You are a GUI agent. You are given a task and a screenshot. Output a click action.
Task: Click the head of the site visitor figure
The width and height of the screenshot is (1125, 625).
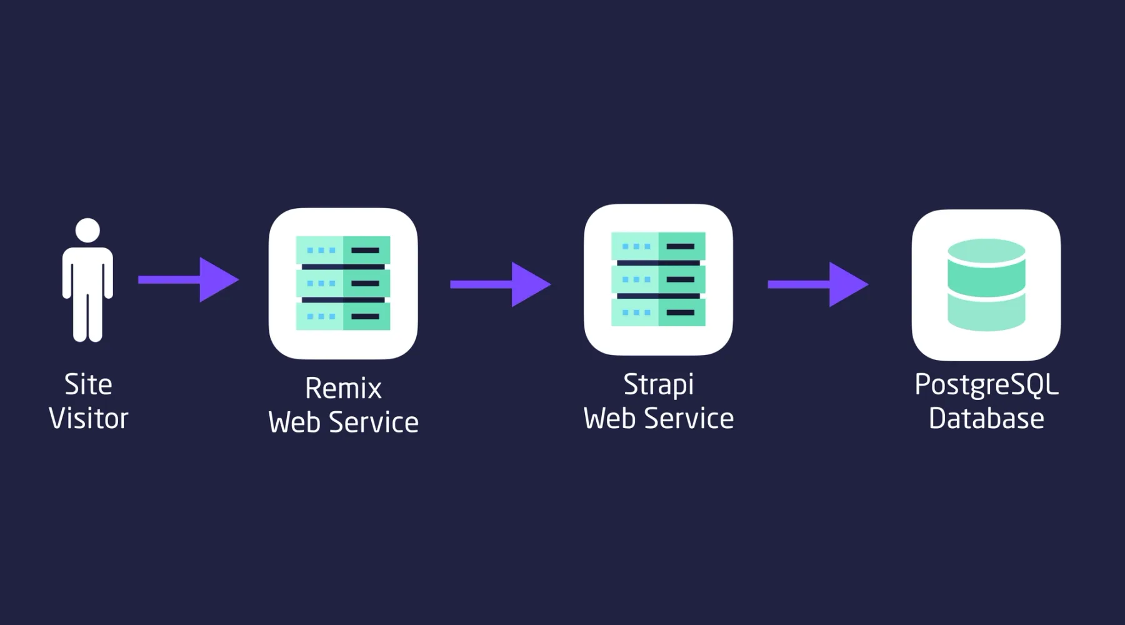87,230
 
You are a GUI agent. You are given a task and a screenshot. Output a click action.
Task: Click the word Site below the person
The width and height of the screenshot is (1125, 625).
88,384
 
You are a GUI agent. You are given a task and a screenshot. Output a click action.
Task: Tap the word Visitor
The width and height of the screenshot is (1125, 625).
88,418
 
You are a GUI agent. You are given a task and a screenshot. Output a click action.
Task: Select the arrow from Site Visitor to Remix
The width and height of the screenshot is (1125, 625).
187,279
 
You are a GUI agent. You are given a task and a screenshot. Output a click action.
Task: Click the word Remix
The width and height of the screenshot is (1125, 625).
343,389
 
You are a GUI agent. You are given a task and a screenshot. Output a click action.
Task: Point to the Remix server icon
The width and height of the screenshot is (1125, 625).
343,283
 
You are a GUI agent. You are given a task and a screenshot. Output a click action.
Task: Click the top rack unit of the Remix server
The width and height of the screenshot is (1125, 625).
343,250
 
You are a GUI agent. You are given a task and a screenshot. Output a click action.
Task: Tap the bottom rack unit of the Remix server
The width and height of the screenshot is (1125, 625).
343,316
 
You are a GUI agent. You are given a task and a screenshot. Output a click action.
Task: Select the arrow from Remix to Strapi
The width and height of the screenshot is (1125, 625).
499,284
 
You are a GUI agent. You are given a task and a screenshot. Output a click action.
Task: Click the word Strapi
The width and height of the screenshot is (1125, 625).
658,384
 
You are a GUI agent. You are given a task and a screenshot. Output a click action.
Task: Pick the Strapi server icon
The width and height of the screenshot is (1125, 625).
658,279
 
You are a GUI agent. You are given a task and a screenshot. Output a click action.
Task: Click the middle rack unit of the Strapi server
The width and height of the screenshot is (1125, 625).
658,279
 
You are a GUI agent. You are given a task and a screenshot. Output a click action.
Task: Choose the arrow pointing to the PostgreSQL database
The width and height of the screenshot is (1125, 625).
817,284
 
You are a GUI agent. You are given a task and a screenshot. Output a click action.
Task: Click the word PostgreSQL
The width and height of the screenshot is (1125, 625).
986,384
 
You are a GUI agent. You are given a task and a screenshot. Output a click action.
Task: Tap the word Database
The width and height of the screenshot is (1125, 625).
986,418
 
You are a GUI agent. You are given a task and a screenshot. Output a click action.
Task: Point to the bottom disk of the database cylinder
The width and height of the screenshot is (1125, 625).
986,312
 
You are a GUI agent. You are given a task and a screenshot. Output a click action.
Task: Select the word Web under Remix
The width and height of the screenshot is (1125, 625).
294,422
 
